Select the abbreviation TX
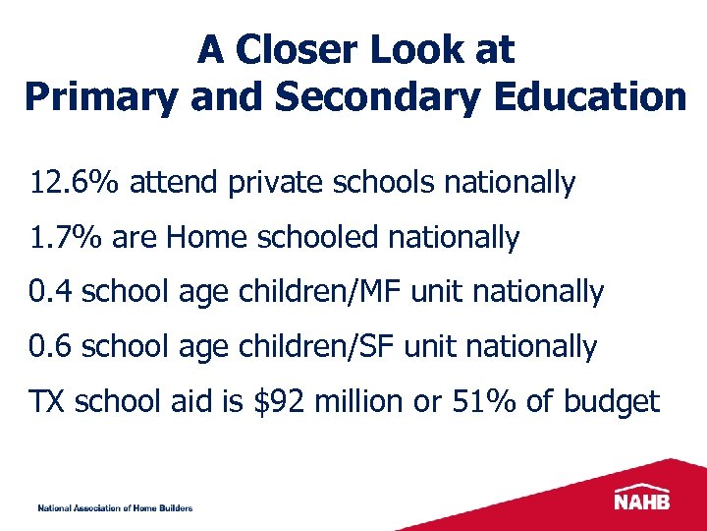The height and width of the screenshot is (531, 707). (x=47, y=402)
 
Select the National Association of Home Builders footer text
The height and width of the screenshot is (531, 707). (x=115, y=508)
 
